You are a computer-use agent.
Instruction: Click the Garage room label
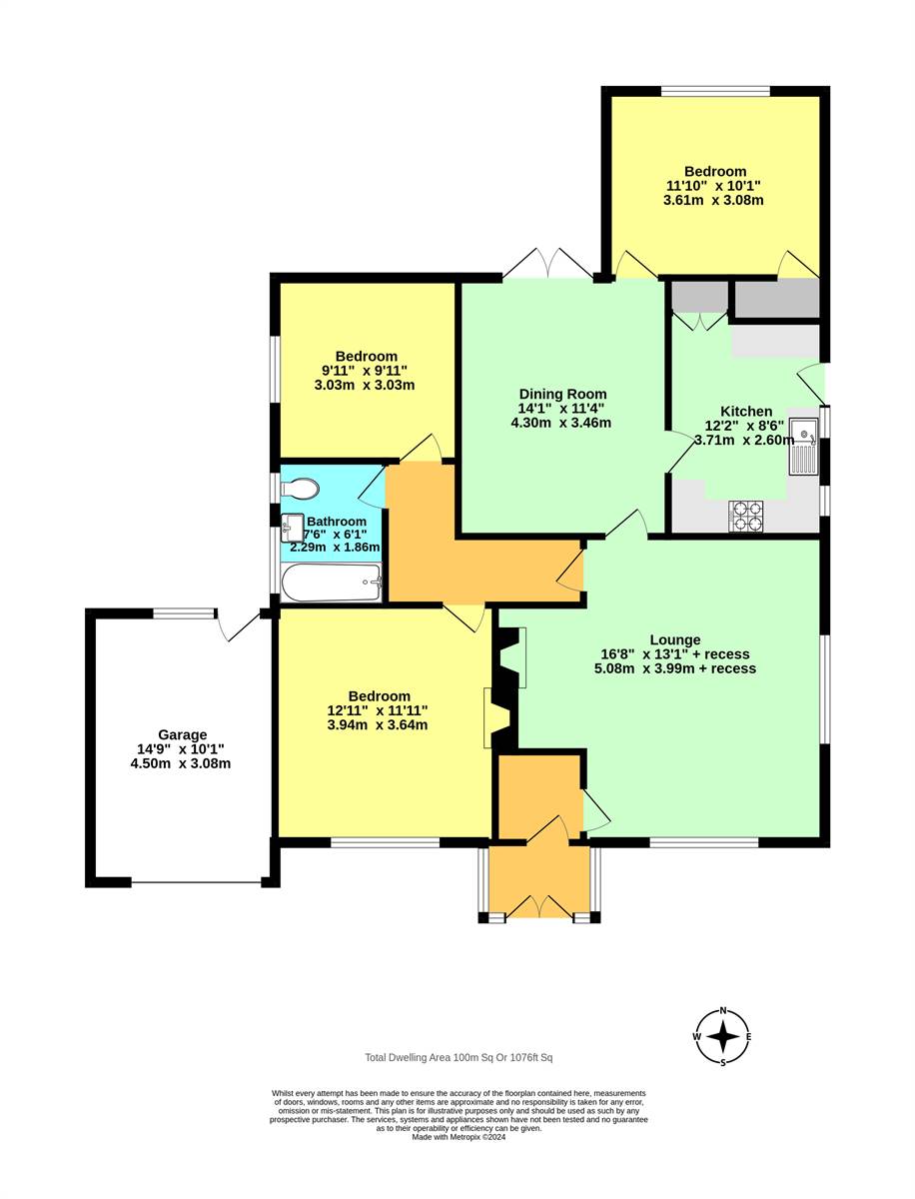coord(182,734)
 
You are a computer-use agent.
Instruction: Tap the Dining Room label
coord(562,394)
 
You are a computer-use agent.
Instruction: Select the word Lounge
coord(675,639)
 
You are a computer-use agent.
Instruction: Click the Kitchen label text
coord(746,412)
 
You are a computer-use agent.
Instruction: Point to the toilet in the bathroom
coord(299,489)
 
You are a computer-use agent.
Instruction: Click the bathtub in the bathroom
coord(332,583)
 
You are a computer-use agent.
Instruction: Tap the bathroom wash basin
coord(292,528)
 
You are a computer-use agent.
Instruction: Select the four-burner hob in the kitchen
coord(745,517)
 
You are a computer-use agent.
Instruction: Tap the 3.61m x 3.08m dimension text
coord(713,200)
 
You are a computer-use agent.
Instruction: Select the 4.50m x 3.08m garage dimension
coord(180,763)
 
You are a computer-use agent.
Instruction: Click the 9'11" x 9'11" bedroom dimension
coord(365,371)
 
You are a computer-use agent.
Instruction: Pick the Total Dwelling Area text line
coord(458,1057)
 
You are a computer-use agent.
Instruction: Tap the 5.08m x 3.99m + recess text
coord(675,668)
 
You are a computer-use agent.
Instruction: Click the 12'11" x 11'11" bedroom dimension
coord(378,710)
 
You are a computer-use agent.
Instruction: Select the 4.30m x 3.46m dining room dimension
coord(560,423)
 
